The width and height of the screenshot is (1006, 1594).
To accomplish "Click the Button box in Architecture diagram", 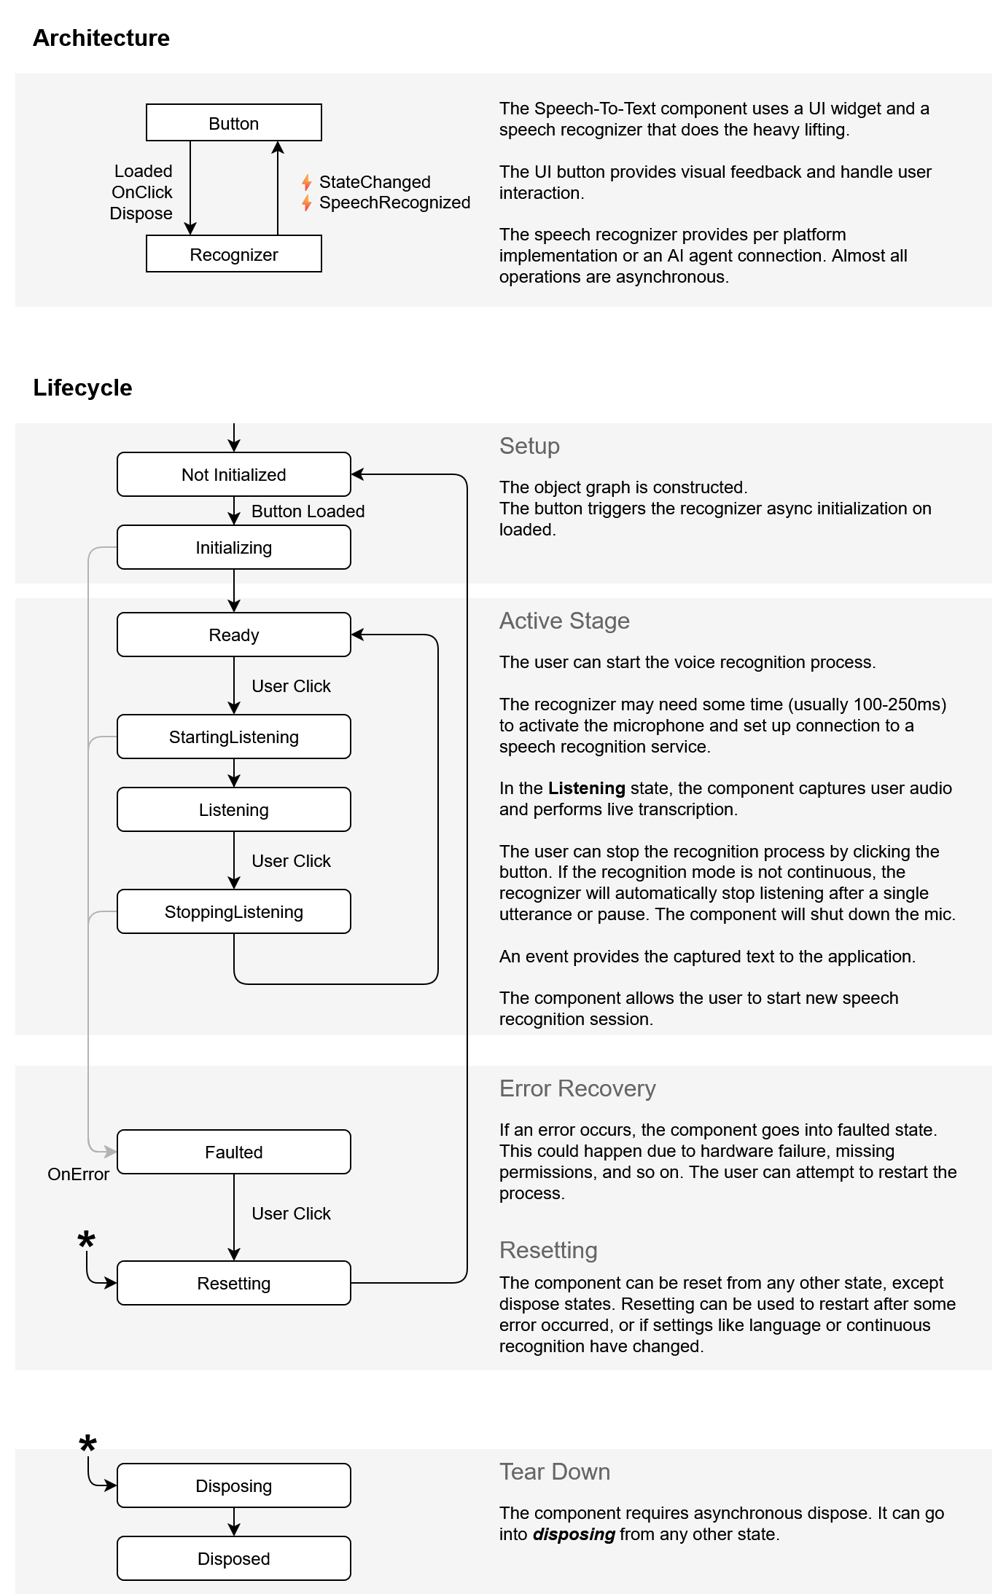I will click(x=233, y=122).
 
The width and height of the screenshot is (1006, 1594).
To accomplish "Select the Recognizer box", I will click(x=233, y=254).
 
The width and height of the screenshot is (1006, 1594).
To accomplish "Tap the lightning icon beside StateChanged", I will click(x=307, y=182).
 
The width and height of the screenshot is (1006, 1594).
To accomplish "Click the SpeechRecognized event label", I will click(x=394, y=203).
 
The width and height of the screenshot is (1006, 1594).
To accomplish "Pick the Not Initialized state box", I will click(x=233, y=474).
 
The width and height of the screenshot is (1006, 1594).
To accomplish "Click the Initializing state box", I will click(x=233, y=547).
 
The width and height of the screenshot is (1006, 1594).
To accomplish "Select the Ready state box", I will click(x=233, y=635).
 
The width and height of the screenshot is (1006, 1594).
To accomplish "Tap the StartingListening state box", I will click(x=233, y=737).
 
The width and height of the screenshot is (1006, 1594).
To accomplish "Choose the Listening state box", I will click(x=233, y=809).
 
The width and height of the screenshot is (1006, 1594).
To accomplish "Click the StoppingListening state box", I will click(x=233, y=911).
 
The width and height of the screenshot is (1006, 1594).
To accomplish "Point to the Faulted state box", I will click(x=233, y=1152).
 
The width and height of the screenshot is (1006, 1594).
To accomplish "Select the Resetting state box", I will click(x=233, y=1283).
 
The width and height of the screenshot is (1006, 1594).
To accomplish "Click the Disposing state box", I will click(x=233, y=1485).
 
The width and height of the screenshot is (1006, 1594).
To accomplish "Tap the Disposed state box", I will click(x=233, y=1558).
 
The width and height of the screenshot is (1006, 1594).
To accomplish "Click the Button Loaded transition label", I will click(x=308, y=511).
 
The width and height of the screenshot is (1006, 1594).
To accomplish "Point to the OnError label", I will click(x=78, y=1174).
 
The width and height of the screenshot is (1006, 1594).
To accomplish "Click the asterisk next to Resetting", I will click(x=86, y=1240).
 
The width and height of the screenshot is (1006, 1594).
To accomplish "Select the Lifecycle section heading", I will click(x=82, y=388).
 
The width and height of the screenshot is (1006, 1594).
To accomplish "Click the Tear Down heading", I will click(x=554, y=1472).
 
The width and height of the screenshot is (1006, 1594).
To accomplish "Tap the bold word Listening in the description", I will click(x=586, y=788).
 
